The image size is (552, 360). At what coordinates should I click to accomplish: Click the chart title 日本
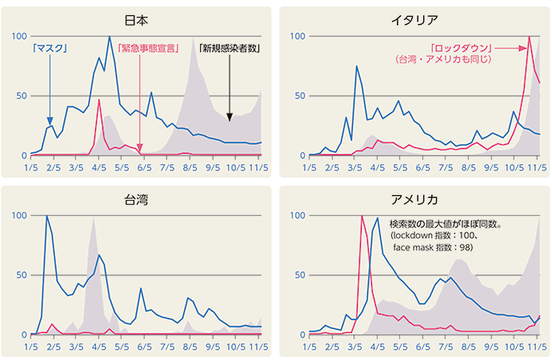[137, 20]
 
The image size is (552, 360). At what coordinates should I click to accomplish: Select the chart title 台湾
[137, 199]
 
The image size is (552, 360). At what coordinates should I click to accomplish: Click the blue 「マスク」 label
[50, 48]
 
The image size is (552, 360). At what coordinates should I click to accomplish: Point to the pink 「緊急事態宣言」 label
[147, 48]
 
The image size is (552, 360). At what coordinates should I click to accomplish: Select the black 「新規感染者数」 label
[230, 48]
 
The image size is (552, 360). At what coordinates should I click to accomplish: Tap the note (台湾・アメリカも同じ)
[446, 60]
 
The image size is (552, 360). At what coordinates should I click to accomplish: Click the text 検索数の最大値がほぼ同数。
[445, 225]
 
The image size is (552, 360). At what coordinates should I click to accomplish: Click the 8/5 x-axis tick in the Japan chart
[190, 168]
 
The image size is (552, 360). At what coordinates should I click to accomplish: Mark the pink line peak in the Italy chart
[530, 37]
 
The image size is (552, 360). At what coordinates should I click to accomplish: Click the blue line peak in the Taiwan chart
[47, 216]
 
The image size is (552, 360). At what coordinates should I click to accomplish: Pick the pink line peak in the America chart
[362, 216]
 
